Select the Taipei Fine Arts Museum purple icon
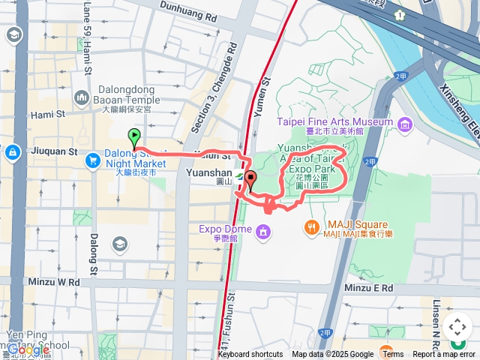(x=406, y=122)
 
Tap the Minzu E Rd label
(x=368, y=287)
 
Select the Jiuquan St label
(x=53, y=151)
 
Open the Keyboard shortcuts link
(x=250, y=355)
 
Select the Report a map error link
(x=443, y=355)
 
